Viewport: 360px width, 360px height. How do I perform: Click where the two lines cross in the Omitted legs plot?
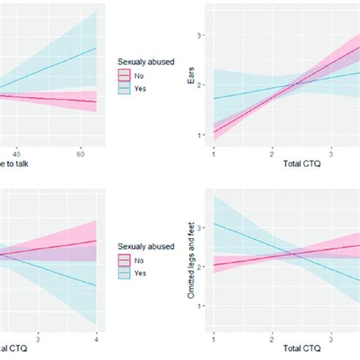coord(288,254)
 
